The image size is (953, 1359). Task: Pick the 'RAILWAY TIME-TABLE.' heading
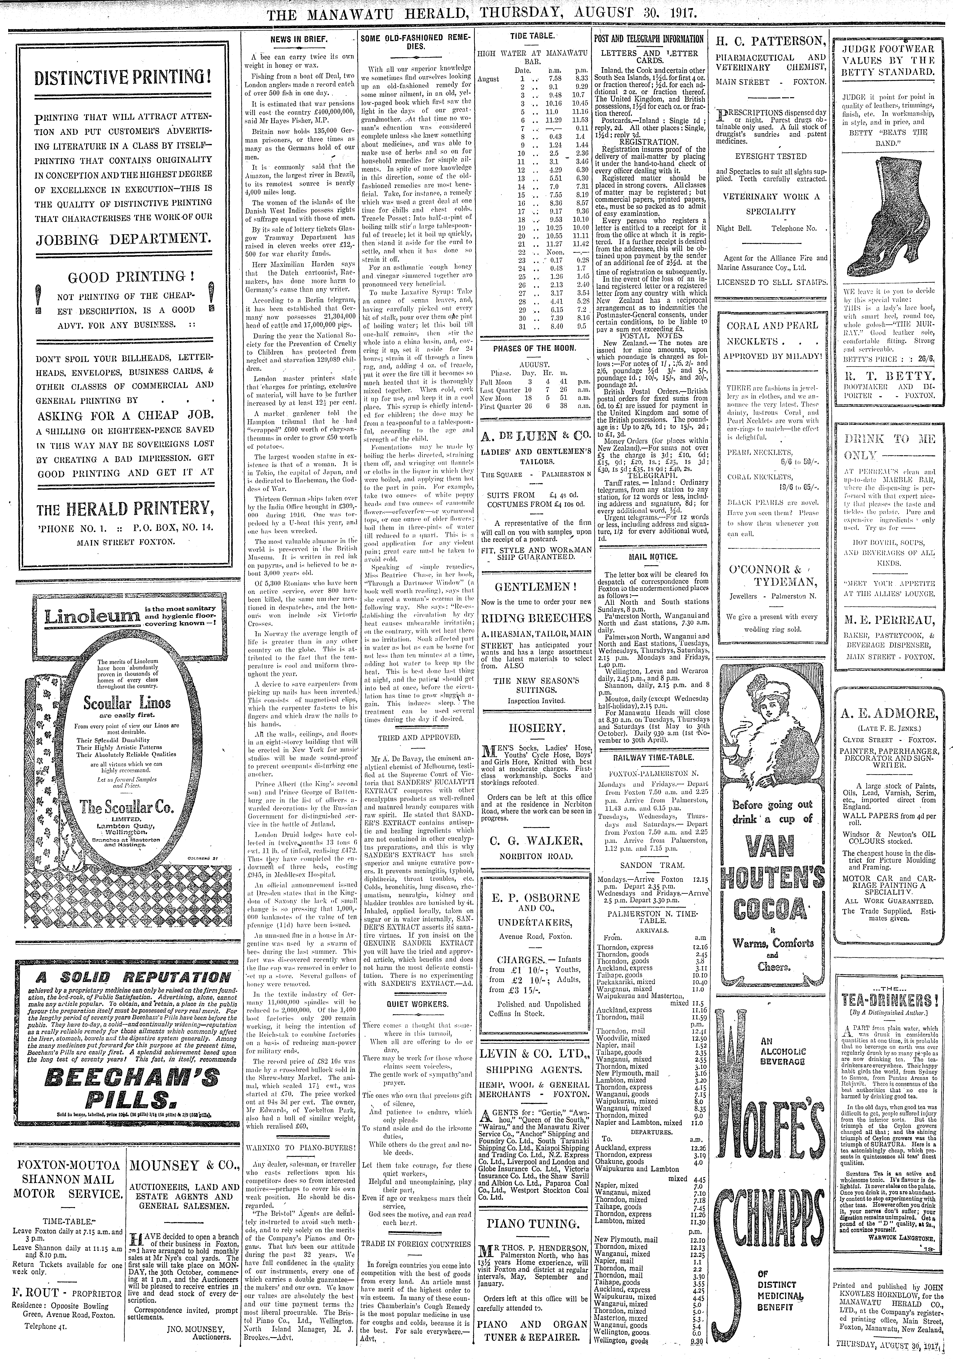pyautogui.click(x=650, y=757)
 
